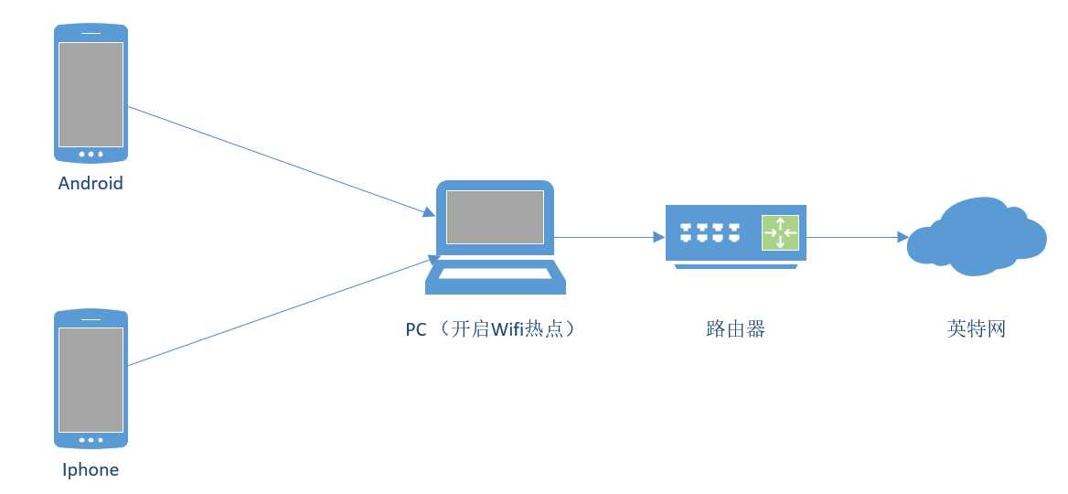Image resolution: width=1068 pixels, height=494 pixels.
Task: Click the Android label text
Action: click(91, 183)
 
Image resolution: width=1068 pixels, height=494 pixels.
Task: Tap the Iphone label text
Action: click(91, 470)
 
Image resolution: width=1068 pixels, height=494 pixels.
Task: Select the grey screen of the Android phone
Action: click(91, 94)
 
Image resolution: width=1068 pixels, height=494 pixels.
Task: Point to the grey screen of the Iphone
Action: click(91, 380)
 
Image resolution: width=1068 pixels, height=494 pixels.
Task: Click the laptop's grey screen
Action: click(495, 217)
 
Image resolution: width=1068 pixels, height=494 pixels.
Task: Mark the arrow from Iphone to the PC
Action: click(274, 314)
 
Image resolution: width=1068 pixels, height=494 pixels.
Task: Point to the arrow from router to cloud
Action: click(855, 237)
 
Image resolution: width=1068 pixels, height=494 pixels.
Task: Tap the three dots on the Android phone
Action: click(91, 155)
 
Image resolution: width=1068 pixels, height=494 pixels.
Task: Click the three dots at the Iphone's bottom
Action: click(91, 440)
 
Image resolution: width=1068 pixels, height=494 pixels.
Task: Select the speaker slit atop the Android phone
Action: click(91, 34)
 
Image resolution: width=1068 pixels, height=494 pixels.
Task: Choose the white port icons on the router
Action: click(709, 232)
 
